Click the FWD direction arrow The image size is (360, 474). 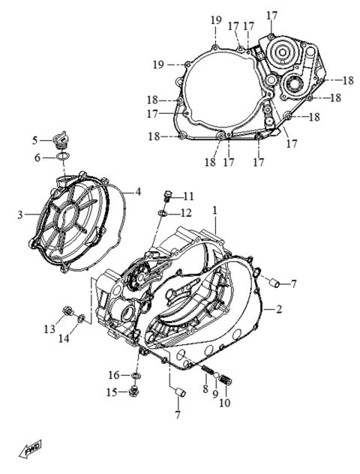(31, 448)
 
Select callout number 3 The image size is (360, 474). (20, 214)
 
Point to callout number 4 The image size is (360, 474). (138, 191)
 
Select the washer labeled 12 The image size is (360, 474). (162, 214)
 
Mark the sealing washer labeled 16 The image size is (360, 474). (136, 374)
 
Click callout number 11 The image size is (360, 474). (187, 196)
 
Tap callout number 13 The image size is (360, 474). (49, 328)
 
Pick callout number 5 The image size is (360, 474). (34, 139)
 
